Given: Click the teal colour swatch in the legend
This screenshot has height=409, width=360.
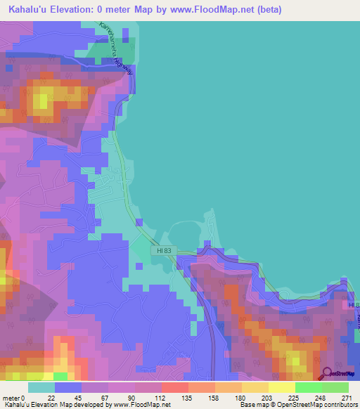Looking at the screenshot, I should [x=41, y=387].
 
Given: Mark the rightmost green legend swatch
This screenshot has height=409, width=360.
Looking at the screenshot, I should [x=335, y=387].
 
